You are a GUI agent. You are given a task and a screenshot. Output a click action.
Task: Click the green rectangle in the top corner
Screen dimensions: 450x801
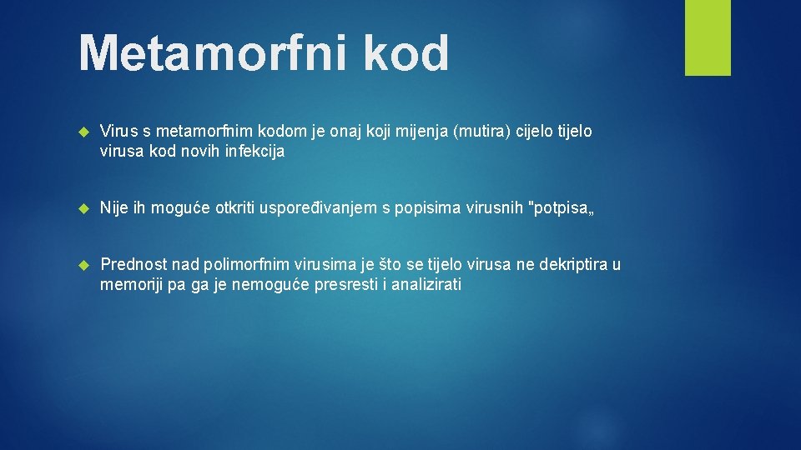708,37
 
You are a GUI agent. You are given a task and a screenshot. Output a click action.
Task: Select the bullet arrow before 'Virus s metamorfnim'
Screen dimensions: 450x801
83,132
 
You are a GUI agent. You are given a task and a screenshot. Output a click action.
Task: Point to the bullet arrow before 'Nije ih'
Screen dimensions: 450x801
83,208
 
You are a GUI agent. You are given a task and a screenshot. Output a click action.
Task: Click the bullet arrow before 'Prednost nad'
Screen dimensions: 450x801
83,266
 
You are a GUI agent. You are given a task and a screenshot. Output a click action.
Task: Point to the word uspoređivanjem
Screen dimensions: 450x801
322,208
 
